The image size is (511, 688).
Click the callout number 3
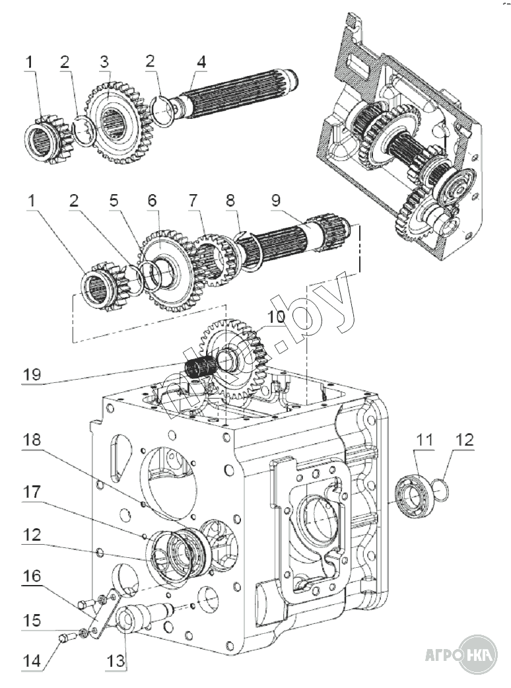pos(104,62)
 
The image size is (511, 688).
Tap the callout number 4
pos(201,62)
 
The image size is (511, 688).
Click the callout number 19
pos(32,374)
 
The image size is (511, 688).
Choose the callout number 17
pos(32,492)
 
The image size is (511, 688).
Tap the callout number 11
pos(424,440)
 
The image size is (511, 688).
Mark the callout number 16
pos(32,576)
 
